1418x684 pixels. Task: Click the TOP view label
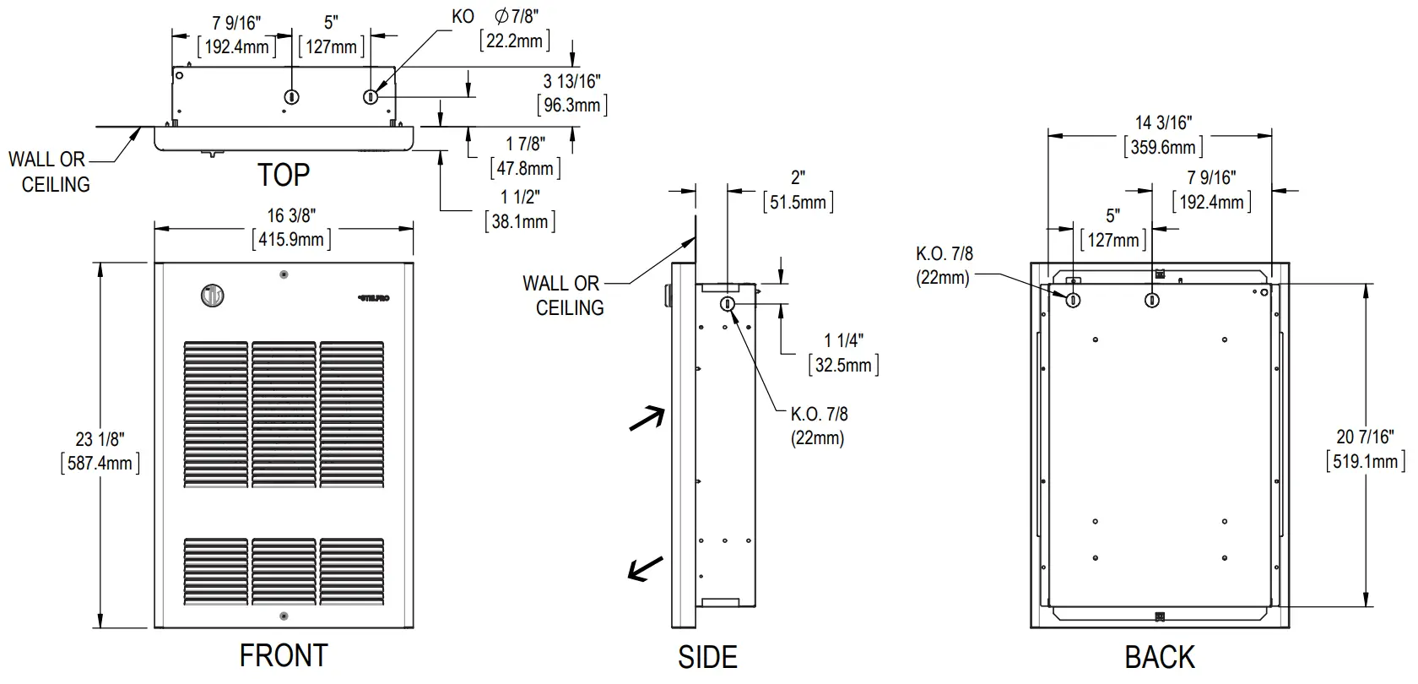(x=284, y=176)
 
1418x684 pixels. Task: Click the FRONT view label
(x=283, y=656)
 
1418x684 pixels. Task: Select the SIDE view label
(x=707, y=658)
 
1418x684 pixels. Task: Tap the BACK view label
(x=1160, y=658)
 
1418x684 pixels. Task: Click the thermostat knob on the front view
(x=213, y=296)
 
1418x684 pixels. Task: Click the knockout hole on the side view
(x=727, y=304)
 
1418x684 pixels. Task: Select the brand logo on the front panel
(x=374, y=297)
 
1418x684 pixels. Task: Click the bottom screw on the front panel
(x=284, y=616)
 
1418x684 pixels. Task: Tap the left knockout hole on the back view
(x=1073, y=300)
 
